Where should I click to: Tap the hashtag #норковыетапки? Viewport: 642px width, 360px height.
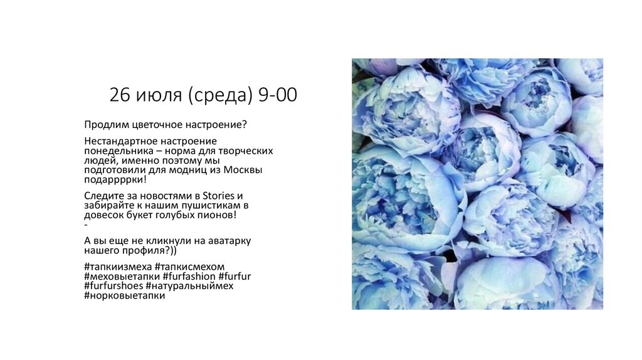click(x=124, y=295)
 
